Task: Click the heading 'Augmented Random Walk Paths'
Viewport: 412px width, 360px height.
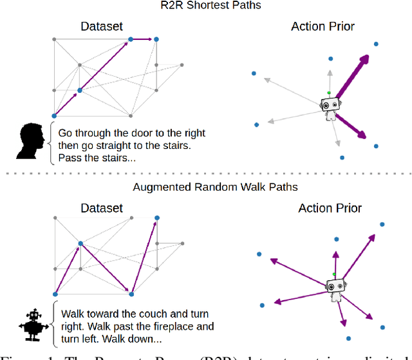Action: click(206, 187)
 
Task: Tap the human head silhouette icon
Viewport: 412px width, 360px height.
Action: click(31, 141)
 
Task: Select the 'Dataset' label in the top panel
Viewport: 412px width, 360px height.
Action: click(102, 26)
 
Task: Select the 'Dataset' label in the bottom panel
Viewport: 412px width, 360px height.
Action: click(102, 208)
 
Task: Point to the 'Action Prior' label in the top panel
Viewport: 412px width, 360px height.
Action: click(323, 26)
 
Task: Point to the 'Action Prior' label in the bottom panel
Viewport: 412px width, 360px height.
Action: click(330, 208)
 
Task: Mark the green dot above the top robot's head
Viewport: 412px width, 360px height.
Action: click(328, 93)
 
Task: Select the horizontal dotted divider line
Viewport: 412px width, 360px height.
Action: click(206, 173)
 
